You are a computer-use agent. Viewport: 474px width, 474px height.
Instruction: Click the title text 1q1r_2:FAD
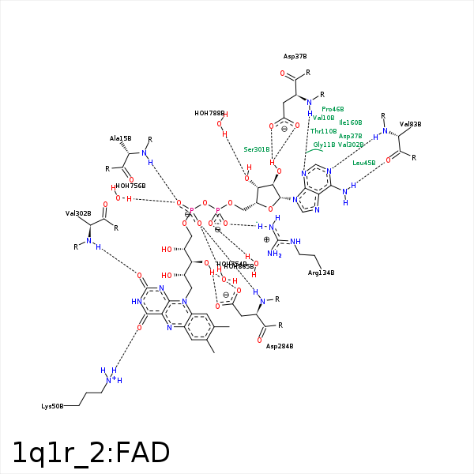(x=91, y=453)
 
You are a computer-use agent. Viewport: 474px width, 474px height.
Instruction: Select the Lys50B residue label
(x=52, y=406)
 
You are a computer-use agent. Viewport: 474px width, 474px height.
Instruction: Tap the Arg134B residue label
(x=321, y=273)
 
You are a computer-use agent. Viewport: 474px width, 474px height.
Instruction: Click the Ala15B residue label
(x=120, y=138)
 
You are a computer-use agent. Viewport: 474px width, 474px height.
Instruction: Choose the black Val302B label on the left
(x=78, y=213)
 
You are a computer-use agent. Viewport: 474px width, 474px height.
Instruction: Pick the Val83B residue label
(x=410, y=124)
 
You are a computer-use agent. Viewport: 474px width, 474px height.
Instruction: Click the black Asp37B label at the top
(x=295, y=57)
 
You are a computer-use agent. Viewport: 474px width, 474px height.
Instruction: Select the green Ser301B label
(x=257, y=149)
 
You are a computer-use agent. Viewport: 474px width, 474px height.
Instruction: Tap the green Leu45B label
(x=364, y=163)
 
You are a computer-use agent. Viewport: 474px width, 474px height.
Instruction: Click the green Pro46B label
(x=333, y=109)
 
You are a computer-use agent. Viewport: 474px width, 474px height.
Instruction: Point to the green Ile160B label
(x=350, y=122)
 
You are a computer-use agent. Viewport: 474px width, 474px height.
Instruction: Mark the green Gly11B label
(x=324, y=145)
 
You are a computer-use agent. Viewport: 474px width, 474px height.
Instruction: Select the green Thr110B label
(x=324, y=131)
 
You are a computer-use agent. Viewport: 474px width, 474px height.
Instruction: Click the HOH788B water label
(x=209, y=113)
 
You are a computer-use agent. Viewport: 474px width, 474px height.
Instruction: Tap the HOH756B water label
(x=130, y=186)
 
